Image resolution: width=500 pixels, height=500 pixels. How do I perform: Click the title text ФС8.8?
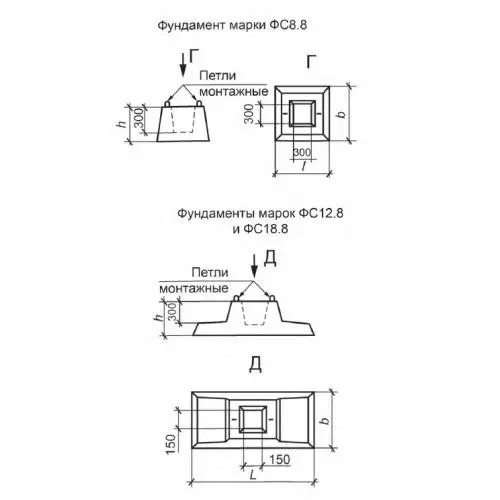[287, 25]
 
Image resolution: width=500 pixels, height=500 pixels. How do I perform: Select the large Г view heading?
[311, 61]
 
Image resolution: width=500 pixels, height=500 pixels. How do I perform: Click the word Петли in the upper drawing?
[217, 76]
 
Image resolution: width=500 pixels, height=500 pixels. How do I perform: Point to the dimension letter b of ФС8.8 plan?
[341, 114]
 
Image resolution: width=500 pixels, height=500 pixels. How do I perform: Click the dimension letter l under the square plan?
[303, 166]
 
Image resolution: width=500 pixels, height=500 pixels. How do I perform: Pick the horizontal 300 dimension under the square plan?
[302, 153]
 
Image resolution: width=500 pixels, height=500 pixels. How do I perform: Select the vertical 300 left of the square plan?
[249, 113]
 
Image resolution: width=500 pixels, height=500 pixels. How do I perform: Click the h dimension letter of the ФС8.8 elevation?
[122, 124]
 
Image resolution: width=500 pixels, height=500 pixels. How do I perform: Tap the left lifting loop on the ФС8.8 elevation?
[167, 104]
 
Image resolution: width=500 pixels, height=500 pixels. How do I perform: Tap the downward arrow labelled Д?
[254, 266]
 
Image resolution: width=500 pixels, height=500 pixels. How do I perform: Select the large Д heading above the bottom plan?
[255, 364]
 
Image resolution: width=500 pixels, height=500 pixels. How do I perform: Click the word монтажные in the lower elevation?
[194, 288]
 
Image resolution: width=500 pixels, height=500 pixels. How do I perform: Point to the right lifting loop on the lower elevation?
[272, 298]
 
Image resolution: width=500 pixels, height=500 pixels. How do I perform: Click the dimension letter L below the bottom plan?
[253, 475]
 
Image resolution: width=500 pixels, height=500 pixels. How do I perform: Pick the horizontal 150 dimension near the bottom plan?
[279, 460]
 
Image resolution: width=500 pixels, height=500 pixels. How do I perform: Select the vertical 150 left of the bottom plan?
[170, 443]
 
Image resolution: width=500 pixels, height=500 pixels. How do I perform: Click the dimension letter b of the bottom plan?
[325, 420]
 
